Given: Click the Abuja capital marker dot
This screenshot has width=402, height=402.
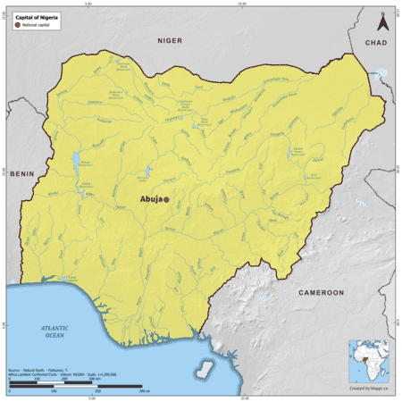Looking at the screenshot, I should pyautogui.click(x=166, y=200).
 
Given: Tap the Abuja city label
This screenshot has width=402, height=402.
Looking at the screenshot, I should pyautogui.click(x=151, y=200).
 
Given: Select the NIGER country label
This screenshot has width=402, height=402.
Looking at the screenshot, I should pyautogui.click(x=169, y=41).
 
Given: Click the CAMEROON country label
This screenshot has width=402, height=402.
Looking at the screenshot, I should pyautogui.click(x=321, y=292).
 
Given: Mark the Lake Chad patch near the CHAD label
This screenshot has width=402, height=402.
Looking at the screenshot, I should pyautogui.click(x=382, y=76).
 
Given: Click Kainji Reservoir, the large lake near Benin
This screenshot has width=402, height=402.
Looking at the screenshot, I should pyautogui.click(x=76, y=162).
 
